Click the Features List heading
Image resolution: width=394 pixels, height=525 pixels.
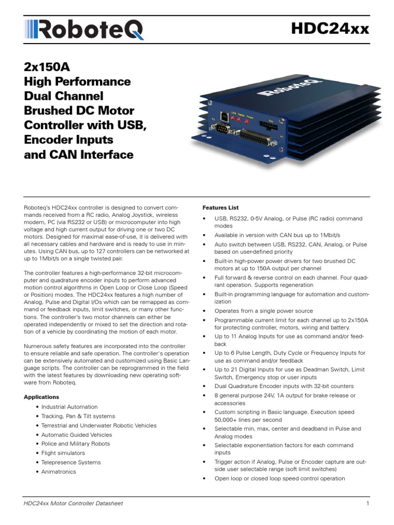tap(221, 208)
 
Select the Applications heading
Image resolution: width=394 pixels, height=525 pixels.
tap(42, 397)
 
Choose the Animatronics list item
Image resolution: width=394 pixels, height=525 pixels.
tap(58, 472)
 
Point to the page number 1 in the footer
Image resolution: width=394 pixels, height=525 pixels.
tap(368, 503)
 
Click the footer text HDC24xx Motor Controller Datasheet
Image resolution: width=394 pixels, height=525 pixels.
tap(73, 503)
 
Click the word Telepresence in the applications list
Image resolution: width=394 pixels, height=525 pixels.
tap(59, 462)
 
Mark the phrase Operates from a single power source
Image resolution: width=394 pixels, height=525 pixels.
tap(264, 311)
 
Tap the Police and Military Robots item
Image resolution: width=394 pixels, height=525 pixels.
tap(75, 444)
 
